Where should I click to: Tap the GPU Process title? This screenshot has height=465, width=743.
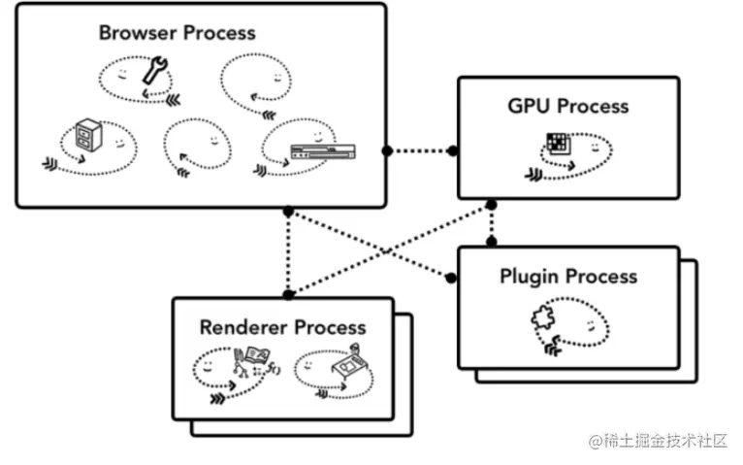click(x=568, y=106)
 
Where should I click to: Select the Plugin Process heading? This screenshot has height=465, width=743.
click(x=568, y=276)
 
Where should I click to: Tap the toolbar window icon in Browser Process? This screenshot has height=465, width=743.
click(x=324, y=150)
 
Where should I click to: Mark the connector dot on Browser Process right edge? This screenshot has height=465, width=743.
click(x=386, y=150)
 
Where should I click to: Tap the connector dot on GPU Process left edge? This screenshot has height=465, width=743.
click(x=454, y=150)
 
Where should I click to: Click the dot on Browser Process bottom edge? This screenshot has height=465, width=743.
click(x=288, y=210)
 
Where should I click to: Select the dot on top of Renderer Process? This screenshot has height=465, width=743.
click(x=288, y=293)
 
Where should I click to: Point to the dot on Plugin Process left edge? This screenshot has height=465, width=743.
click(x=454, y=279)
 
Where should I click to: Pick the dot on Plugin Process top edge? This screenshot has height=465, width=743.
click(x=491, y=241)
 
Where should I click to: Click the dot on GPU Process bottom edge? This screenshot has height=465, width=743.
click(x=491, y=205)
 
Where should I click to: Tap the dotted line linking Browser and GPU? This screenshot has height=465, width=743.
click(x=420, y=150)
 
